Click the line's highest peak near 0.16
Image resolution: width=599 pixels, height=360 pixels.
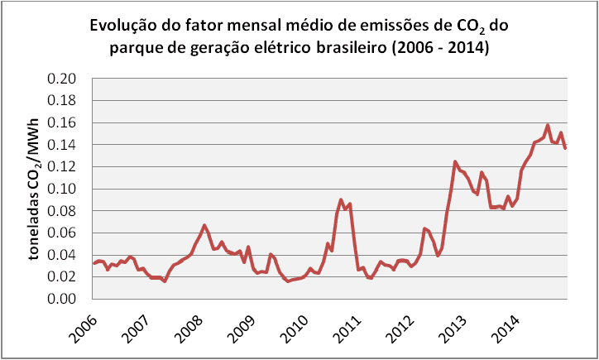tap(548, 126)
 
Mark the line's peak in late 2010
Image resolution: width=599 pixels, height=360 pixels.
tap(341, 200)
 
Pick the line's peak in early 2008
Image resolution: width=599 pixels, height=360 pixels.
tap(204, 225)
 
